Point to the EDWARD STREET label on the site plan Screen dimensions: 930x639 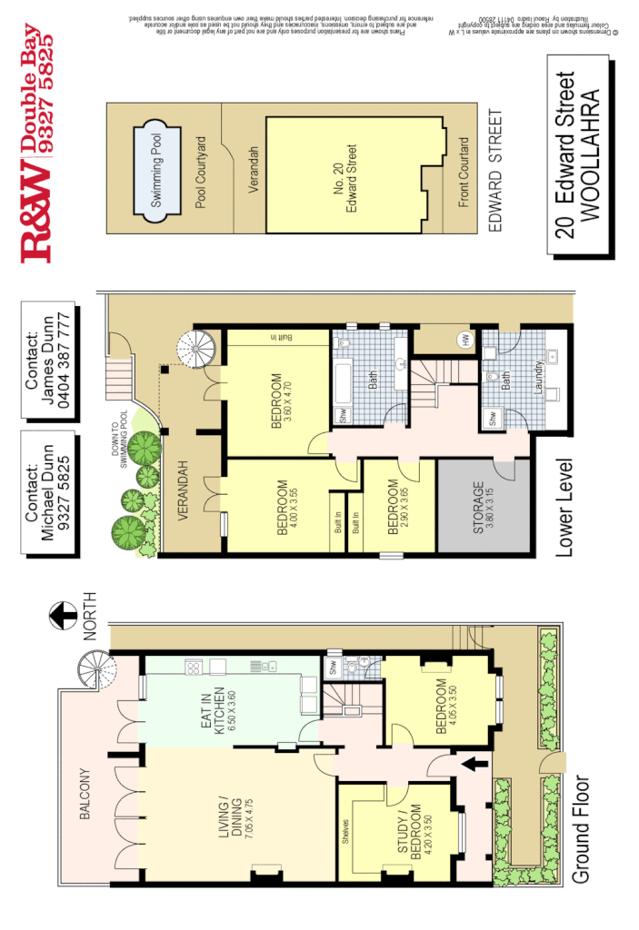495,173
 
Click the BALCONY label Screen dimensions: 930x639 85,796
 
